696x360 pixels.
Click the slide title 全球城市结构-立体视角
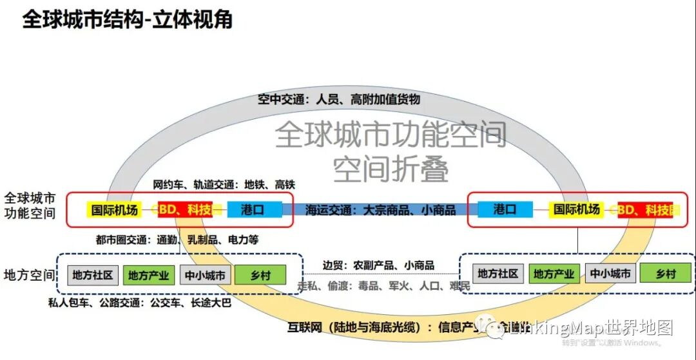point(127,19)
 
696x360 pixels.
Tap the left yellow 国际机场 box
point(115,209)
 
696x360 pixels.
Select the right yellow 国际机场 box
point(576,209)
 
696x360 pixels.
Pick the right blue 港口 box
point(505,209)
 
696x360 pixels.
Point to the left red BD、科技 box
point(185,209)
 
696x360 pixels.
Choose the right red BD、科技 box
point(645,210)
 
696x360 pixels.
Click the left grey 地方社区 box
point(93,275)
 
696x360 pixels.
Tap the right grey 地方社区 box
point(498,273)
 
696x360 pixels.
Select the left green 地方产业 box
point(148,275)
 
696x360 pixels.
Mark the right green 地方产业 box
point(554,273)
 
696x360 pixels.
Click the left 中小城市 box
point(204,275)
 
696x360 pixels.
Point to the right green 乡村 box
point(665,273)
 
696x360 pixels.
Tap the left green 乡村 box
point(260,275)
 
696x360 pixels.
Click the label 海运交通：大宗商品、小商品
point(380,210)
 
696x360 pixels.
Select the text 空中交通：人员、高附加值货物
point(338,99)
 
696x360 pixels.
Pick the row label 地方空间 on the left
point(30,275)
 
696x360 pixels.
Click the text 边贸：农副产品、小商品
point(378,265)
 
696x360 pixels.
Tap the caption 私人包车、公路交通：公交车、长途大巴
point(140,302)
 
